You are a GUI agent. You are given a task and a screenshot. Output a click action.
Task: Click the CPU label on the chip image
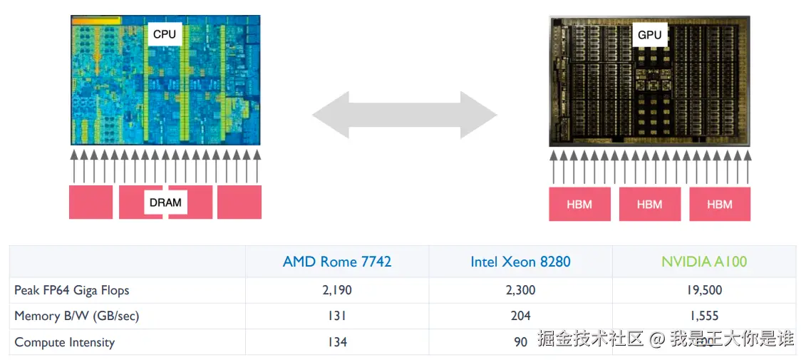pos(164,34)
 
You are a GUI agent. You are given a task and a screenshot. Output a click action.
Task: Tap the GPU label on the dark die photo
pos(649,34)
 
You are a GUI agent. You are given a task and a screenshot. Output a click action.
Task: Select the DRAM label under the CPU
pos(165,202)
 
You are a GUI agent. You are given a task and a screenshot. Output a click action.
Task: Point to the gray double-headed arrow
pos(405,114)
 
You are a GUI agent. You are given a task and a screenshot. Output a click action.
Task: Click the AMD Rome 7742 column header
pos(337,262)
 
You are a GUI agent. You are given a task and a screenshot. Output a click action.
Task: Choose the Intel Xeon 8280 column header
pos(520,262)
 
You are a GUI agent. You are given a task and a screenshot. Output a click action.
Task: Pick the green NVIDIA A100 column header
pos(704,262)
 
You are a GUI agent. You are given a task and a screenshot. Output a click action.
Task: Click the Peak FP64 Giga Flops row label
pos(72,290)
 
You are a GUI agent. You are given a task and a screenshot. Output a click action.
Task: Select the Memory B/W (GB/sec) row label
pos(77,316)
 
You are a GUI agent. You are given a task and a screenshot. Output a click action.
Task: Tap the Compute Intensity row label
pos(65,342)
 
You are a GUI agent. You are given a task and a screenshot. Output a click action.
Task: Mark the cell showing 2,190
pos(337,290)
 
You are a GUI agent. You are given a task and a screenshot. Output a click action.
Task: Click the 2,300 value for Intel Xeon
pos(520,290)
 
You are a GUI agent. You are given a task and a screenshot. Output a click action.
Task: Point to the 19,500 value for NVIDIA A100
pos(704,290)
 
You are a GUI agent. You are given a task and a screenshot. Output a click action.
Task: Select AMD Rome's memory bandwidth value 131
pos(337,316)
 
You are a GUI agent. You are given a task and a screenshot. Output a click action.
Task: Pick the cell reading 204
pos(520,316)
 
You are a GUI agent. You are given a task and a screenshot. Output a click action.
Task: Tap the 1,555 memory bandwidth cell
pos(704,316)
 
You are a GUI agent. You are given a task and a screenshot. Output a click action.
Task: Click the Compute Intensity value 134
pos(337,342)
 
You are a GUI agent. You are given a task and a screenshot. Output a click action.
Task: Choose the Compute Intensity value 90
pos(521,342)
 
